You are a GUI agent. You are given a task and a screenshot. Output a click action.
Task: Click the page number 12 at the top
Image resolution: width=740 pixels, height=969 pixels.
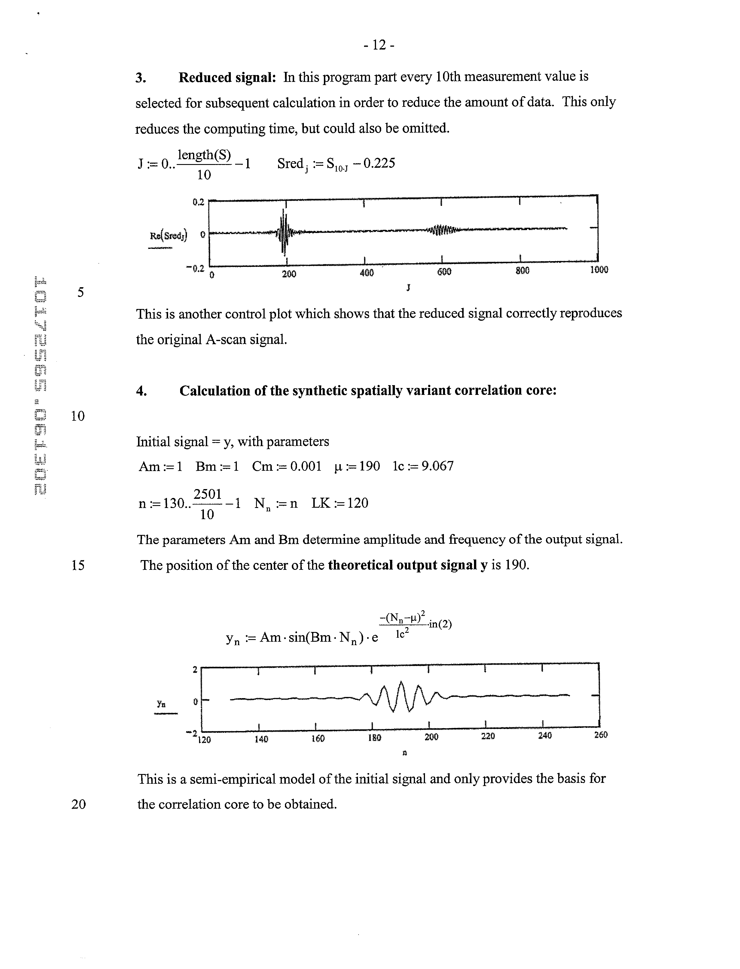tap(379, 45)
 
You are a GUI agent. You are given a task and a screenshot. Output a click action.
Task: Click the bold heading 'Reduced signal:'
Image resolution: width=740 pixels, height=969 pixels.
tap(227, 78)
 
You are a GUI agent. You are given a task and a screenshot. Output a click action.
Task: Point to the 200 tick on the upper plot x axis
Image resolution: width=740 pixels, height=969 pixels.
tap(289, 273)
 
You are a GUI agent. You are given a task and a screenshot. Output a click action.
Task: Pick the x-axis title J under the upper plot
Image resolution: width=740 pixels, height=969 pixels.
tap(408, 287)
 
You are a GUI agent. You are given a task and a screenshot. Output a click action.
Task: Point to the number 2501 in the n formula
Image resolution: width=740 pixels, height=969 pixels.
tap(207, 494)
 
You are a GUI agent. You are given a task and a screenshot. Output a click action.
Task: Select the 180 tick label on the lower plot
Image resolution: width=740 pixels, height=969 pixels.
tap(374, 737)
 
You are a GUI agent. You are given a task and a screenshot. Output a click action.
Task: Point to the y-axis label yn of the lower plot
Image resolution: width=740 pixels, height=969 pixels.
tap(161, 704)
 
